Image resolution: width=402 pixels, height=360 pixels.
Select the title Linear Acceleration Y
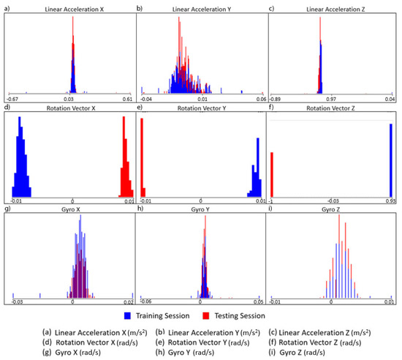[202, 9]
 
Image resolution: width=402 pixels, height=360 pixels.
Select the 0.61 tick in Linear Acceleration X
[127, 98]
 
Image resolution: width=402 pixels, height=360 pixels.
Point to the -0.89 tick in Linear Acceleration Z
[277, 98]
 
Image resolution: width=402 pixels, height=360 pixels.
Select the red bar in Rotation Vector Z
[272, 173]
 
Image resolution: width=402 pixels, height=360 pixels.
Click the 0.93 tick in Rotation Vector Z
[390, 200]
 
